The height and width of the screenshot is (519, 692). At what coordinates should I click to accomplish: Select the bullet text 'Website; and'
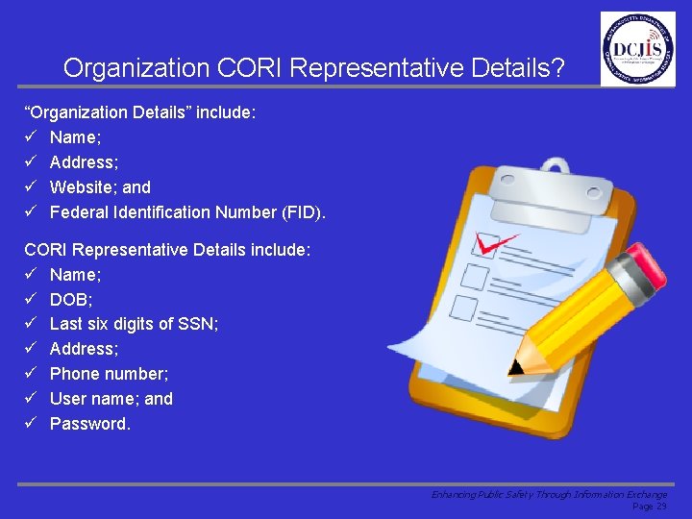coord(100,187)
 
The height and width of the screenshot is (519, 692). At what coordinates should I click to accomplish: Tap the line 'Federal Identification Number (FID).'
coord(187,212)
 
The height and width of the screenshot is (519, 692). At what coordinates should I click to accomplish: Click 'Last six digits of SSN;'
coord(134,324)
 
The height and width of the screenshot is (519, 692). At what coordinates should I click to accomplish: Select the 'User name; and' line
coord(111,399)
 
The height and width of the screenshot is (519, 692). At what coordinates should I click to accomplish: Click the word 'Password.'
coord(89,424)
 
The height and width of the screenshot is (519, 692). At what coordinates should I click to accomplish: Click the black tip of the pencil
coord(517,367)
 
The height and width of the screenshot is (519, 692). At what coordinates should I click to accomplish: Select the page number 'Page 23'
coord(649,507)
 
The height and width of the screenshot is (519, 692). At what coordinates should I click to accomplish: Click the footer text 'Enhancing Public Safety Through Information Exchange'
coord(548,494)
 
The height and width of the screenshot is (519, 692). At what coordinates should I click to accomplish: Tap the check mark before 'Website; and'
coord(31,187)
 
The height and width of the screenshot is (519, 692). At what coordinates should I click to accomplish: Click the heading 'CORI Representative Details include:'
coord(167,250)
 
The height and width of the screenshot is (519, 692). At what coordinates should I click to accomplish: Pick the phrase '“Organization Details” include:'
coord(140,112)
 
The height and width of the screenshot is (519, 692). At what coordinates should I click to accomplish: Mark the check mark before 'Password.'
coord(31,424)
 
